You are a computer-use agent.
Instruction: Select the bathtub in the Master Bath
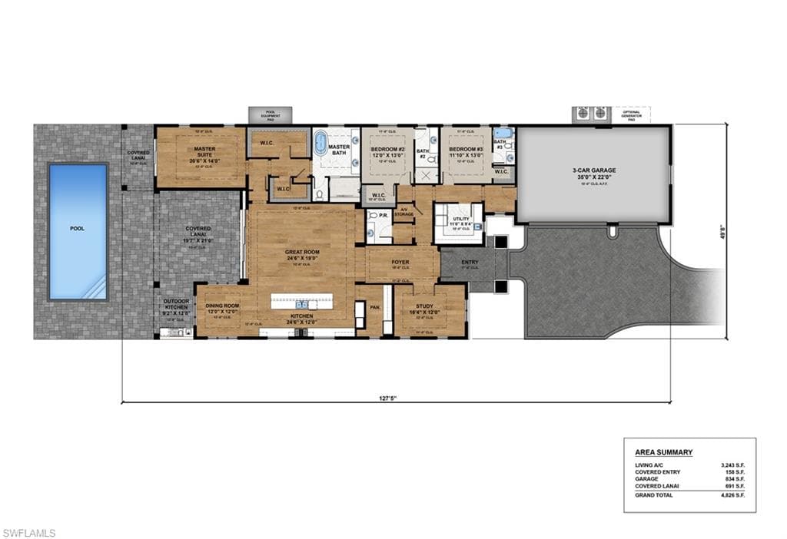click(x=320, y=144)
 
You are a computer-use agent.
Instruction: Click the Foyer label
click(x=400, y=263)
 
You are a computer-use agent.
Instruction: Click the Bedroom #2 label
click(x=387, y=152)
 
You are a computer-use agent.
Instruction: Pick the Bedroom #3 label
click(x=466, y=152)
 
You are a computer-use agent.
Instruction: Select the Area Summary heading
click(x=663, y=452)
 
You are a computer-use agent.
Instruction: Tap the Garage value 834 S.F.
click(x=734, y=478)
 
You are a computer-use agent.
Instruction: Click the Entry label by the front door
click(x=469, y=263)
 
